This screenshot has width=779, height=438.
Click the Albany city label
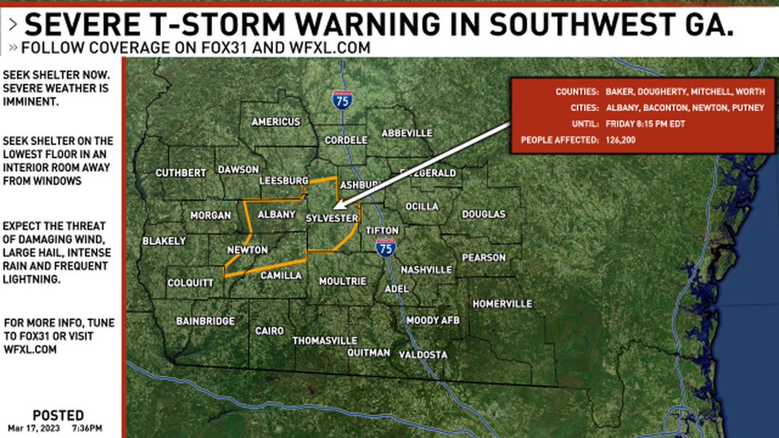tap(277, 215)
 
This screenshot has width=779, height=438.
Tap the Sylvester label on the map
tap(332, 219)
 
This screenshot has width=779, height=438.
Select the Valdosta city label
tap(423, 355)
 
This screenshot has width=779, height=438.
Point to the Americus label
tap(276, 121)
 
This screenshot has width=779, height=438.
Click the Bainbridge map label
tap(205, 321)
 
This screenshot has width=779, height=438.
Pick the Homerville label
tap(502, 304)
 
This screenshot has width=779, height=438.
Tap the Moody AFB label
tap(432, 321)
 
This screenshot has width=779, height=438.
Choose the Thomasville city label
tap(325, 341)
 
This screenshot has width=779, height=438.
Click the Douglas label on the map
tap(484, 214)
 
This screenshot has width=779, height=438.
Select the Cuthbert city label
tap(180, 173)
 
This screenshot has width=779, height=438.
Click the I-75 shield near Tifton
tap(386, 247)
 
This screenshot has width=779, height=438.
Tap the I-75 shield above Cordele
tap(342, 99)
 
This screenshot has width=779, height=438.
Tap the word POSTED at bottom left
tap(58, 415)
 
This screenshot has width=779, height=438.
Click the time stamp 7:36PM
tap(88, 428)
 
